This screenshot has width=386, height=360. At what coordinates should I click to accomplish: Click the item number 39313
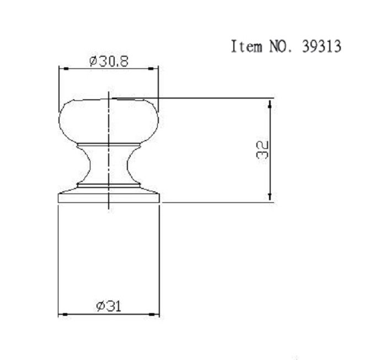(321, 46)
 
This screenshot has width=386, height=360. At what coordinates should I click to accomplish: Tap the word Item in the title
(246, 46)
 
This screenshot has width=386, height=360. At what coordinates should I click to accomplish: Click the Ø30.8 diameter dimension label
(109, 61)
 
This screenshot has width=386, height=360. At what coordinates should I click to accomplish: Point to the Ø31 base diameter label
(109, 307)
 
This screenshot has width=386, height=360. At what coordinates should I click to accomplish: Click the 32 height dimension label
(262, 150)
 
